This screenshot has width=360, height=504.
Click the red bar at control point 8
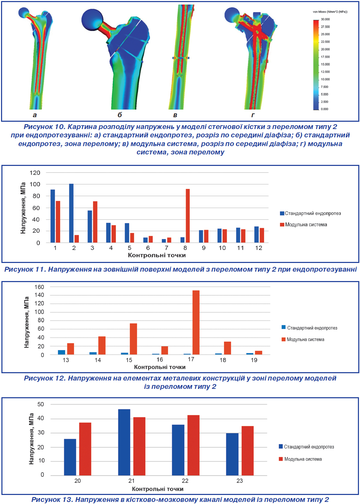tap(188, 216)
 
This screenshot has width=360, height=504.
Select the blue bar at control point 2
tap(71, 213)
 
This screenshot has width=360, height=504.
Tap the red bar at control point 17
tap(196, 322)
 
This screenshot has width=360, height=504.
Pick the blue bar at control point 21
tap(124, 442)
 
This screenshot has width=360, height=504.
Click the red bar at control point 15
tap(133, 339)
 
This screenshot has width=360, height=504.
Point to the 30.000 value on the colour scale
tap(325, 19)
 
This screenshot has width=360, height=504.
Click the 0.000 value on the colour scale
tap(324, 109)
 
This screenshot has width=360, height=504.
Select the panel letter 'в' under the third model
tap(175, 115)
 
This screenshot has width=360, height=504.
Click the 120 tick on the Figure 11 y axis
tap(35, 173)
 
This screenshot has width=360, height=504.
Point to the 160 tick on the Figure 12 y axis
tap(39, 287)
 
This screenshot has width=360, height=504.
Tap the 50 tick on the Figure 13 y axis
tap(41, 404)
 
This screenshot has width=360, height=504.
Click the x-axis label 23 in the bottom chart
tap(240, 481)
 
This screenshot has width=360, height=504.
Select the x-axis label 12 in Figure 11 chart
tap(259, 248)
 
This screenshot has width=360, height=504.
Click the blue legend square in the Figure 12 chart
tap(284, 327)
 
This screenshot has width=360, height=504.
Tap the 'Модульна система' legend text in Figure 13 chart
tap(303, 459)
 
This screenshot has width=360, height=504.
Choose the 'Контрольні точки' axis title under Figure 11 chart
tap(157, 255)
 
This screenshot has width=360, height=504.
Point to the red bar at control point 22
tap(193, 445)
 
